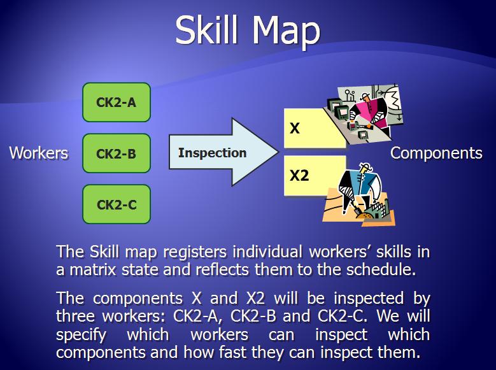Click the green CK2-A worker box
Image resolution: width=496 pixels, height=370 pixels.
point(117,103)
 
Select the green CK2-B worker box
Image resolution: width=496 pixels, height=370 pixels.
point(117,153)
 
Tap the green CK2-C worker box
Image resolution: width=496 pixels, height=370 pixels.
point(117,204)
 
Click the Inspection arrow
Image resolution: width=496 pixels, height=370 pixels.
point(223,152)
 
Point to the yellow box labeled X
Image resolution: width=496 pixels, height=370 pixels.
point(315,128)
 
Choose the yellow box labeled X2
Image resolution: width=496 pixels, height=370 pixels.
point(315,175)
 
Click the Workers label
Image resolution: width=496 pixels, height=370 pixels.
point(39,153)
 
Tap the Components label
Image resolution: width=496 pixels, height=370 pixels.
point(436,153)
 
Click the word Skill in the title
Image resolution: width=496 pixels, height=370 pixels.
point(206,30)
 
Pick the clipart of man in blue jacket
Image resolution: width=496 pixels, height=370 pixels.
point(360,194)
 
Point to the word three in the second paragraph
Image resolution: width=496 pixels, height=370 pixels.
point(76,316)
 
